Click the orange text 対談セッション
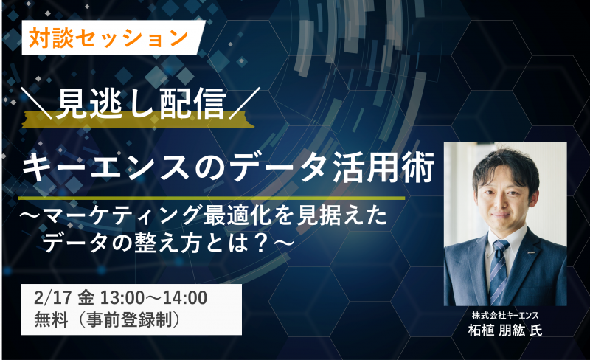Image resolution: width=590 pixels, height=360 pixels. [x=108, y=38]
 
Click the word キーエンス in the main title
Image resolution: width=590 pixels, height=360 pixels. [x=105, y=166]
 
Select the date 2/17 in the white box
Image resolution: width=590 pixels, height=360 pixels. [x=52, y=298]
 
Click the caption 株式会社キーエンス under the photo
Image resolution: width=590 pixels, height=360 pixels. [x=505, y=315]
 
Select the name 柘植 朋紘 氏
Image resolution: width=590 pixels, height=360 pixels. [x=505, y=330]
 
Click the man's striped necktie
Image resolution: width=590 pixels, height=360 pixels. [x=499, y=272]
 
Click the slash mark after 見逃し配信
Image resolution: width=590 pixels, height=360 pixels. [x=245, y=103]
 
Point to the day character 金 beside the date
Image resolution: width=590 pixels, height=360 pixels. [x=86, y=298]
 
